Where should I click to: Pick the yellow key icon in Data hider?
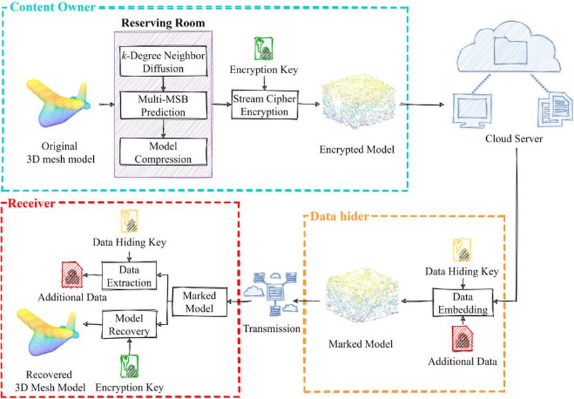[x=461, y=251]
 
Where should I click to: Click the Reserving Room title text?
[x=163, y=23]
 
